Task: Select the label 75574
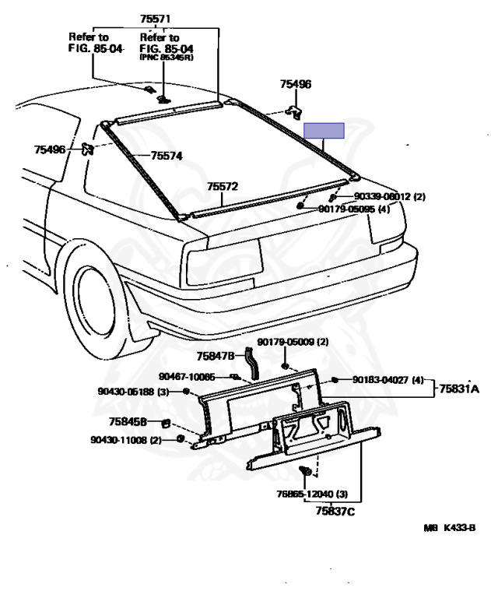point(167,156)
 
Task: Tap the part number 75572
point(222,187)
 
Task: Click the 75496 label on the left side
point(50,149)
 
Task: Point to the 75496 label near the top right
point(296,84)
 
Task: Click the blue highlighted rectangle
point(324,130)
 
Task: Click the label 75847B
point(215,356)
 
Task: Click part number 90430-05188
point(128,392)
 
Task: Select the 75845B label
point(129,422)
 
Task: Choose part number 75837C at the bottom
point(335,511)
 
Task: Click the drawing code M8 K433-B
point(448,528)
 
